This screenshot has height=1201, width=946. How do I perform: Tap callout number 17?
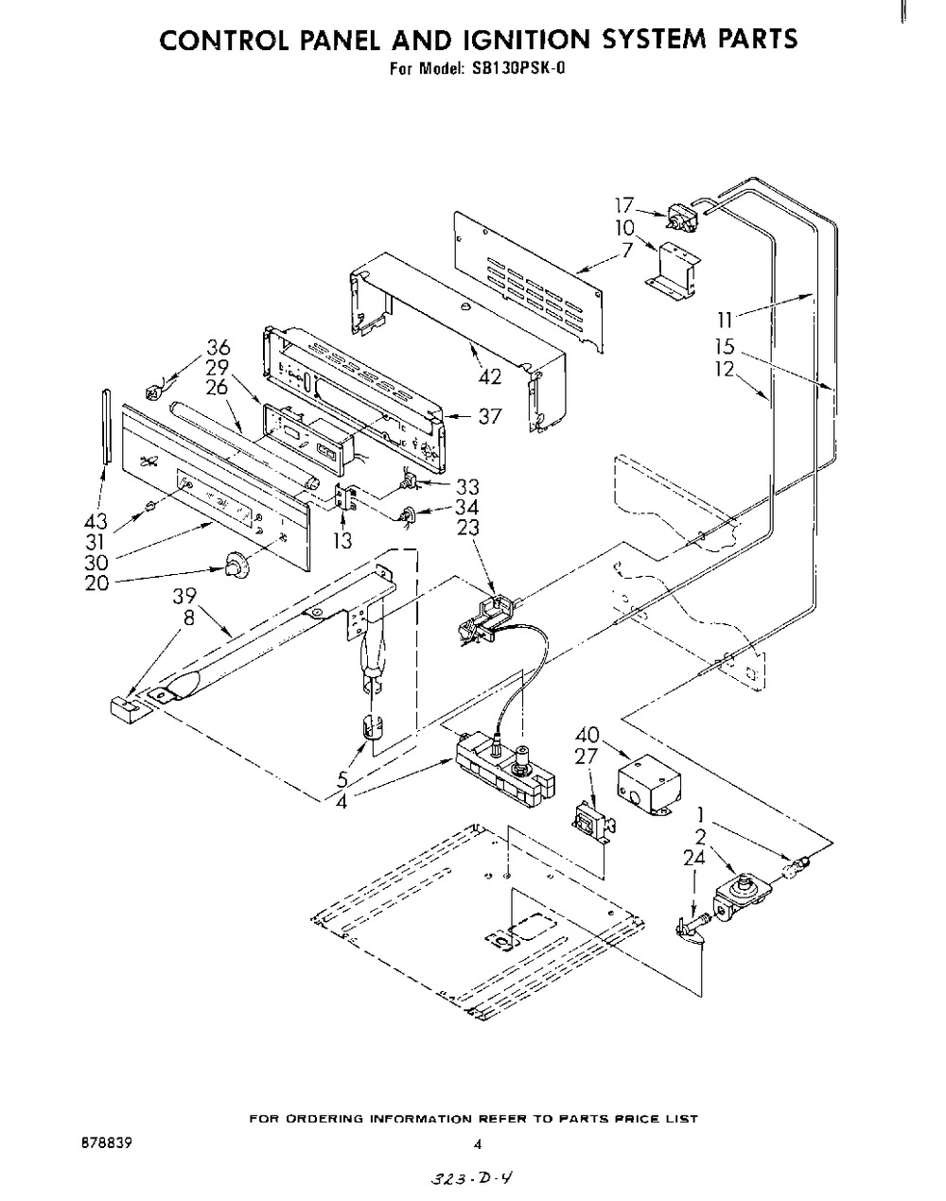(624, 205)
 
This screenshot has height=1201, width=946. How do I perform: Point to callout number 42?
(490, 376)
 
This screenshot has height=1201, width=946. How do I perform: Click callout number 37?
(489, 416)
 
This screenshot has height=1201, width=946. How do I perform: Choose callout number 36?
(218, 347)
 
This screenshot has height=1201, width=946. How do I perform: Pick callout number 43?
(95, 522)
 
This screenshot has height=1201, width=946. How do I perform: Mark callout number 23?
(468, 528)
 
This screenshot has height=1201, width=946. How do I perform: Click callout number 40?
(587, 735)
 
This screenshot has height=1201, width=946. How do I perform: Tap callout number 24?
(694, 858)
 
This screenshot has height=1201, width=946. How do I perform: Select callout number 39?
(184, 596)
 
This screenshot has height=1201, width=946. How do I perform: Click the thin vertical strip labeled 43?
(106, 426)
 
